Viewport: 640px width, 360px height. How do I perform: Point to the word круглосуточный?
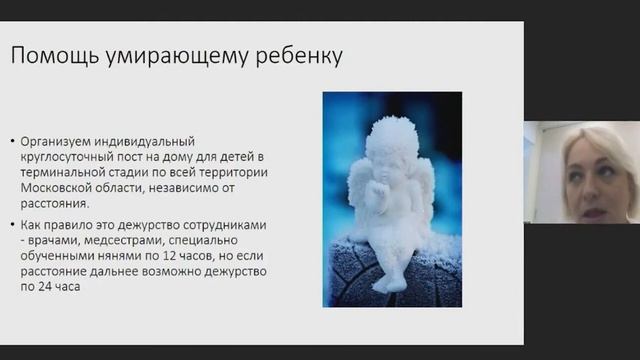87,157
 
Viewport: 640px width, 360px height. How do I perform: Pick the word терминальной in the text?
87,172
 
